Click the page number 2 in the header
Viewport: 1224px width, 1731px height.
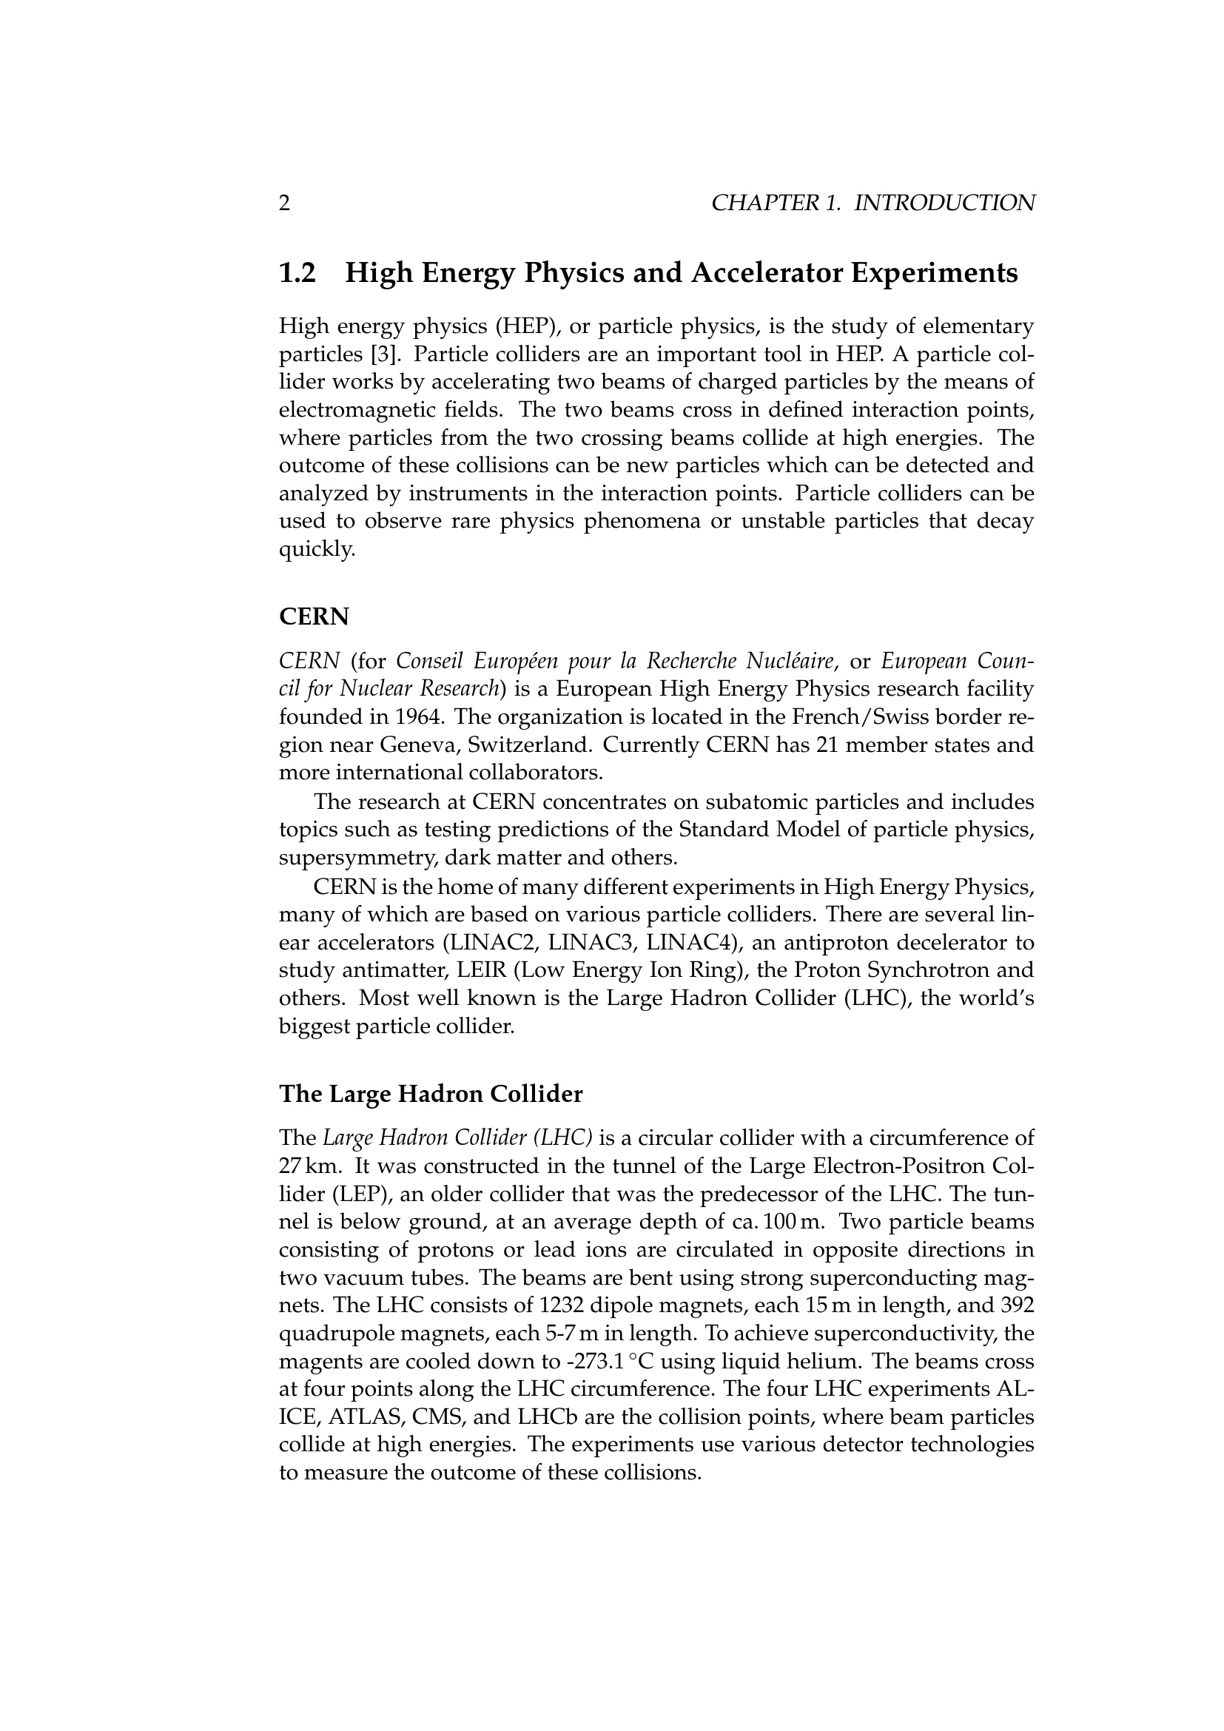pyautogui.click(x=284, y=204)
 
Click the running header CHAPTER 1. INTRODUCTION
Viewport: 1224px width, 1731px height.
pyautogui.click(x=872, y=204)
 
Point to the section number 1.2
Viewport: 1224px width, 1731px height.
pyautogui.click(x=297, y=273)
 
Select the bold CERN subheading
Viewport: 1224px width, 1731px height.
pyautogui.click(x=315, y=616)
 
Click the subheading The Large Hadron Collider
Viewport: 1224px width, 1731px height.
pyautogui.click(x=431, y=1094)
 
